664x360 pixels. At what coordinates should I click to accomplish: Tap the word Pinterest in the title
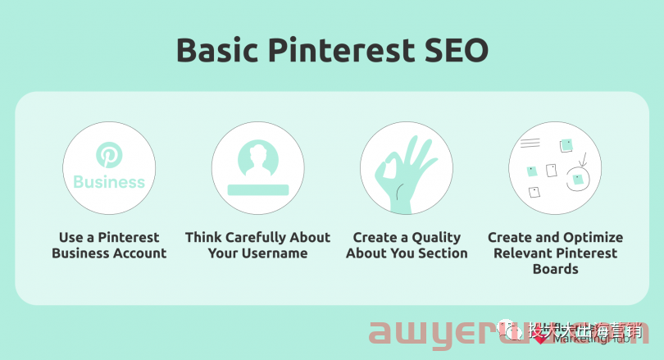click(344, 51)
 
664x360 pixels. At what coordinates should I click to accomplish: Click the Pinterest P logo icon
click(109, 154)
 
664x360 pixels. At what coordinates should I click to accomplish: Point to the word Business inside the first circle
click(109, 182)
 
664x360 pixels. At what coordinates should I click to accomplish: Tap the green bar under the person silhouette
click(257, 189)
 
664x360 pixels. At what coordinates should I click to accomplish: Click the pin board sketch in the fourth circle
click(556, 169)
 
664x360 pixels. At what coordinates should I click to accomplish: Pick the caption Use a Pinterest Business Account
click(109, 245)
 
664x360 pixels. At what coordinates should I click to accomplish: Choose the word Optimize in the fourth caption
click(593, 238)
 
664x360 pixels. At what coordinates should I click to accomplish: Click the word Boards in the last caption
click(555, 269)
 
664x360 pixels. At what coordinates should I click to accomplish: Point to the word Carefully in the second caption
click(258, 238)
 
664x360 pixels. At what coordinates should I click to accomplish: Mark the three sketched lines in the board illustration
click(530, 143)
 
